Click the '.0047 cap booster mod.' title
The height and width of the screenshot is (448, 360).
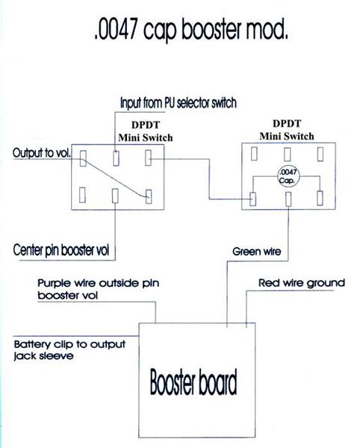click(191, 30)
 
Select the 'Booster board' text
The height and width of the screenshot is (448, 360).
click(193, 382)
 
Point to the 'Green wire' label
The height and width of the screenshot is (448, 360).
click(257, 252)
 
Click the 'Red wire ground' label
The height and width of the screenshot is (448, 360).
click(302, 283)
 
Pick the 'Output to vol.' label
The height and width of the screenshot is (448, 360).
click(41, 153)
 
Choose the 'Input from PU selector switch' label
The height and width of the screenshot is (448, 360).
click(179, 103)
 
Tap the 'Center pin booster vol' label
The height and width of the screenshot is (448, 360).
click(61, 250)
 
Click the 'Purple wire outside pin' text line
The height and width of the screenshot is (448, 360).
click(99, 283)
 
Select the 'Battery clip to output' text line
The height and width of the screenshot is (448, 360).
click(69, 344)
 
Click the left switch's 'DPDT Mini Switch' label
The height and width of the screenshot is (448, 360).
click(146, 131)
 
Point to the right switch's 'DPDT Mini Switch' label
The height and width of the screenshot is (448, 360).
click(287, 130)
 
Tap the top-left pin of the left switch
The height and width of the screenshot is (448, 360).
click(83, 158)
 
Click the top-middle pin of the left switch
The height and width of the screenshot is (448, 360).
click(116, 158)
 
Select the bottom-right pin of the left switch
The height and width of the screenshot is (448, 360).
click(149, 196)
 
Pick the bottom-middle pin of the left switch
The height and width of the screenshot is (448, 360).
click(115, 196)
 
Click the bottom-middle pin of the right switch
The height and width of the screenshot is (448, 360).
click(288, 199)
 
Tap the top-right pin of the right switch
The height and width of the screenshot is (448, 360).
click(320, 154)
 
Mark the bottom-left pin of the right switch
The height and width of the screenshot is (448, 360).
click(253, 199)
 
